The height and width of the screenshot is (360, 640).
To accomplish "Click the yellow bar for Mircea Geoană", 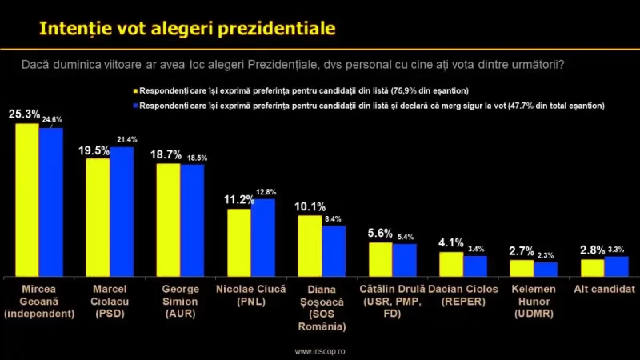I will tap(27, 199).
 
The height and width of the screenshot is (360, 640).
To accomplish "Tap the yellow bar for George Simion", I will tap(168, 219).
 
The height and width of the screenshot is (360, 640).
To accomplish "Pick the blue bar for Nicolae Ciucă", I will tap(263, 237).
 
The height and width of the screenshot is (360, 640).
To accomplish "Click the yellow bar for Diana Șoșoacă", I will tap(310, 245).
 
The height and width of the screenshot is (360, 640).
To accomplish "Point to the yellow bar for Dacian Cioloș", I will tap(451, 263).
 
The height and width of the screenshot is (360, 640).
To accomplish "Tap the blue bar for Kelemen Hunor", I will tap(546, 268).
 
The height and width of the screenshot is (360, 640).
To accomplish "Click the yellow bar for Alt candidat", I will tap(592, 267).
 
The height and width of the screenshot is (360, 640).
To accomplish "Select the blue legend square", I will tap(137, 106).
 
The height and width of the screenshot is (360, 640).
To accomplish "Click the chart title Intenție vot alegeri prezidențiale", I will tap(188, 30).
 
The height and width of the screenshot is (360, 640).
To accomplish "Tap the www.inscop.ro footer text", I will tap(320, 350).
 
